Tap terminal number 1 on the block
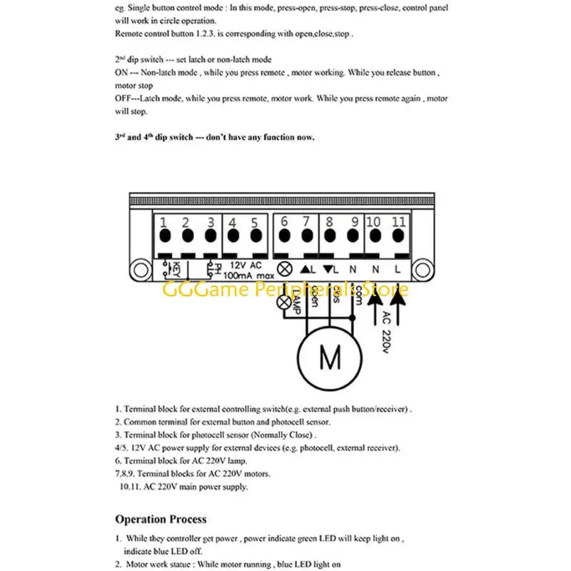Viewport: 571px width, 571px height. click(164, 236)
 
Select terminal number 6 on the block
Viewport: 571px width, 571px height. click(284, 236)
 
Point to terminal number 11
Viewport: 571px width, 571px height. click(398, 236)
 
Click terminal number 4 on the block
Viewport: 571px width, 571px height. click(233, 236)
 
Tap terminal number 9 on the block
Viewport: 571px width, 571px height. click(353, 236)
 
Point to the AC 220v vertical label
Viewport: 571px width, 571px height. click(386, 333)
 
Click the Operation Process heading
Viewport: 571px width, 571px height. click(161, 519)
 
